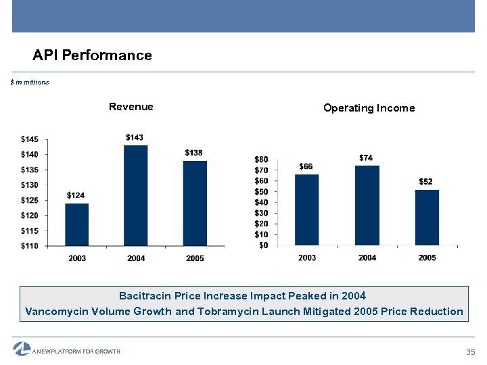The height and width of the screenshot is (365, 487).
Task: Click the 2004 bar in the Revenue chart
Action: (135, 195)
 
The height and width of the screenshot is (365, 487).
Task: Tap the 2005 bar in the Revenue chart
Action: (195, 203)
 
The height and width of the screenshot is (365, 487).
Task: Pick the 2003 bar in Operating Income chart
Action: (306, 210)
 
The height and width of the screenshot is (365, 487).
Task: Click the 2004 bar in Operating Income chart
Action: (367, 205)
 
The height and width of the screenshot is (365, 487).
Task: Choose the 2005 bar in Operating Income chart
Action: (427, 217)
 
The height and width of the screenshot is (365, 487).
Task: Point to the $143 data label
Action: (135, 138)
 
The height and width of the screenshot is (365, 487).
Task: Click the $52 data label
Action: (426, 182)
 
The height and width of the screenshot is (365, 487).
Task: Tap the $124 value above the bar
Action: (76, 195)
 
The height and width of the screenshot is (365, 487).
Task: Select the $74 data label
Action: (366, 157)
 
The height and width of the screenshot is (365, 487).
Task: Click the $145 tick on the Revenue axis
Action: (30, 139)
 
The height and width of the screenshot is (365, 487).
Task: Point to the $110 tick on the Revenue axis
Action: (30, 245)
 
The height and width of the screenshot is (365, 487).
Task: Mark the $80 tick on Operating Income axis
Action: (261, 159)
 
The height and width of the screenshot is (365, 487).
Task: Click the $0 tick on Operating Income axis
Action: (263, 245)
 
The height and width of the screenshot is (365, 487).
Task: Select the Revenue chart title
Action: (131, 107)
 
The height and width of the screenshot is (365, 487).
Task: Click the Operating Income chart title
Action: (369, 108)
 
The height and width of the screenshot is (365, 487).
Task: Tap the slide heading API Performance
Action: (93, 55)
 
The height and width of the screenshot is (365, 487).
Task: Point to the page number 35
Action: (471, 352)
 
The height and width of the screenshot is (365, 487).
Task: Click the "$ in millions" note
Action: (30, 82)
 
